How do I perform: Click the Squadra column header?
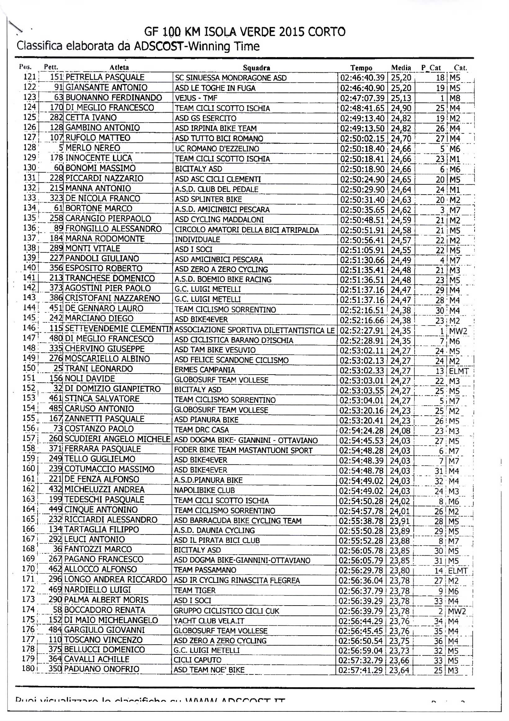(256, 68)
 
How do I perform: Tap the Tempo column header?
(361, 68)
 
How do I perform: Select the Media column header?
(401, 68)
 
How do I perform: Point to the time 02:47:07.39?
(362, 98)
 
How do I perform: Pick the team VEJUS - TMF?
(196, 98)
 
